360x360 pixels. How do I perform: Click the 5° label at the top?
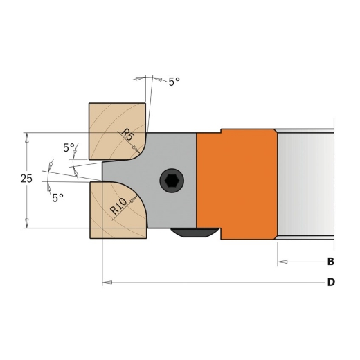pos(174,81)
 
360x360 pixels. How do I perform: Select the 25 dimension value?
pos(26,179)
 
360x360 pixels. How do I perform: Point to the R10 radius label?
pos(117,206)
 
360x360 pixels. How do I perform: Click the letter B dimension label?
pos(330,262)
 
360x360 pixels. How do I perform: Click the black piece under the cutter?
pos(195,233)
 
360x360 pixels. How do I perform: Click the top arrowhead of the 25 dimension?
pos(27,137)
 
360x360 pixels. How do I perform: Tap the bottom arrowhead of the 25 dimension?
pos(27,223)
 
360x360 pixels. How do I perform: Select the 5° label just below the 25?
pos(57,197)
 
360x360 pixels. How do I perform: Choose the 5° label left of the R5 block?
pos(69,147)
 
